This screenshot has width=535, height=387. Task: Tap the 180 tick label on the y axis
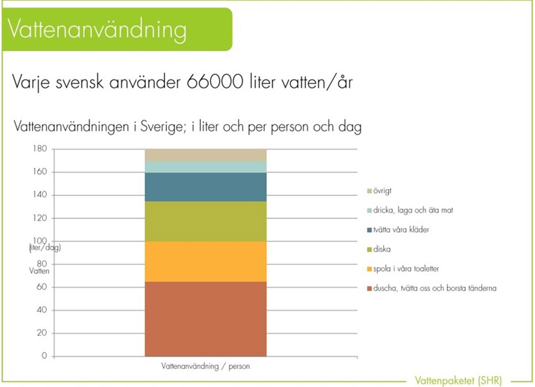tap(40, 149)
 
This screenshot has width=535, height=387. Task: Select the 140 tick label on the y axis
tap(40, 195)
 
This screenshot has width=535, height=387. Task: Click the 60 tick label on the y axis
tap(42, 287)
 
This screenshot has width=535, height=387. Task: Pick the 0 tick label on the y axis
tap(44, 356)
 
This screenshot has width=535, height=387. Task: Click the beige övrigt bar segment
tap(205, 155)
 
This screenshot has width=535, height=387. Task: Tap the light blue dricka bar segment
tap(205, 167)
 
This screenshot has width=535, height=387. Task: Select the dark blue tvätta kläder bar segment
tap(205, 187)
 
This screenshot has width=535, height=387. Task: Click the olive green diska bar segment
tap(205, 221)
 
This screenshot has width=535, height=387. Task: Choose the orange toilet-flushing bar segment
tap(205, 262)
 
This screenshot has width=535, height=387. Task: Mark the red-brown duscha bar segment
tap(205, 319)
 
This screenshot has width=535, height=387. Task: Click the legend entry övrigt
tap(382, 191)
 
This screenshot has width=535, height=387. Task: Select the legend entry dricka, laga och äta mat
tap(413, 210)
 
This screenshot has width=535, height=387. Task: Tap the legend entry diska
tap(381, 249)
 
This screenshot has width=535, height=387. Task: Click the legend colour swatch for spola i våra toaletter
tap(369, 269)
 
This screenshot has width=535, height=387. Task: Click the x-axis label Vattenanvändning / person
tap(205, 366)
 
